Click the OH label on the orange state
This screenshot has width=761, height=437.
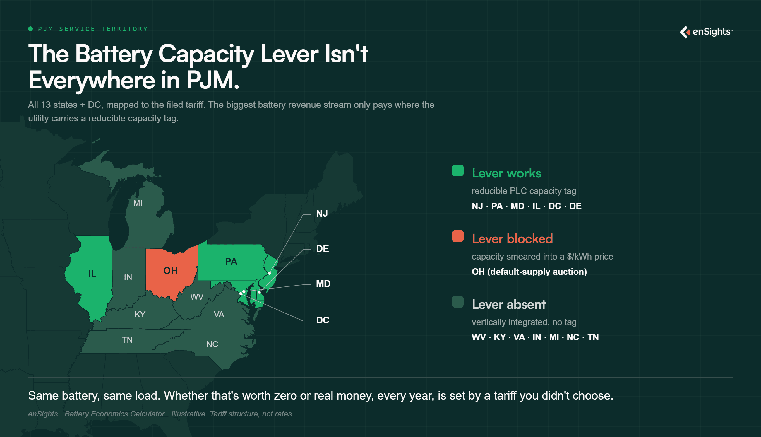(170, 271)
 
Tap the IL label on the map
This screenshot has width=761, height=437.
(92, 274)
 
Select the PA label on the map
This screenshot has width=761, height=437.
(231, 262)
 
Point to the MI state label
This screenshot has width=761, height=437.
(138, 203)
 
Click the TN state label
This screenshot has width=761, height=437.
(127, 340)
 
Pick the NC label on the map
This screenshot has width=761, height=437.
(212, 344)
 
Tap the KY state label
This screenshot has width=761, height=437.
(140, 315)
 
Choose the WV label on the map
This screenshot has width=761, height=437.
(197, 297)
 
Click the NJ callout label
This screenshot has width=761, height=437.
(322, 214)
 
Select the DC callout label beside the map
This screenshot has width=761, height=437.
(323, 320)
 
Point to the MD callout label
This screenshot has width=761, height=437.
(323, 284)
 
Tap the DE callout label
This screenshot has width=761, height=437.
(323, 249)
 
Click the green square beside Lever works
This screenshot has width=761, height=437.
(457, 170)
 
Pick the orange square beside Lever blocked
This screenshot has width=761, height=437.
(457, 236)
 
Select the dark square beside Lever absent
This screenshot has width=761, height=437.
(457, 302)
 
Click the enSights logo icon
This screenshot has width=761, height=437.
(685, 32)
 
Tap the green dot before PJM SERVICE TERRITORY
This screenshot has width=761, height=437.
(30, 29)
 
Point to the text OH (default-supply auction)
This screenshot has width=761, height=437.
(529, 272)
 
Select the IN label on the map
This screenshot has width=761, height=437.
(128, 277)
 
